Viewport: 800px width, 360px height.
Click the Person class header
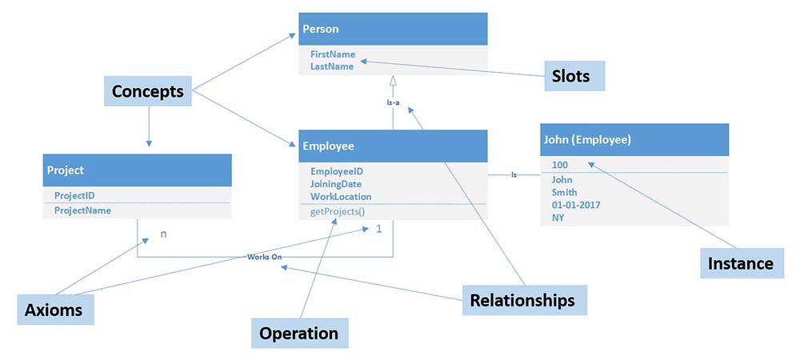(393, 30)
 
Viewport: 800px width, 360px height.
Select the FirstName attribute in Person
(333, 55)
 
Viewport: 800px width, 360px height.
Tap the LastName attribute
(332, 67)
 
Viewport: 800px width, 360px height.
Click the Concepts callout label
(148, 92)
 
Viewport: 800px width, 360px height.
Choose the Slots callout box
(571, 76)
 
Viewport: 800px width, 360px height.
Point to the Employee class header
(393, 146)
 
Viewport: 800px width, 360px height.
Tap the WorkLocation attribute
(341, 196)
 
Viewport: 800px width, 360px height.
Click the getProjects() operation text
(338, 212)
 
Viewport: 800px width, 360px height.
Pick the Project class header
(137, 170)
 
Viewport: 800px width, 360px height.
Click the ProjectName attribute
(82, 210)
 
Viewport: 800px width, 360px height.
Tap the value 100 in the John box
(560, 165)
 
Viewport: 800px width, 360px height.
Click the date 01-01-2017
(577, 205)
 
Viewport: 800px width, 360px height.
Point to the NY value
(558, 217)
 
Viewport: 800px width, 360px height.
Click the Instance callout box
(742, 263)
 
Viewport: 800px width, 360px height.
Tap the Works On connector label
(265, 257)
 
